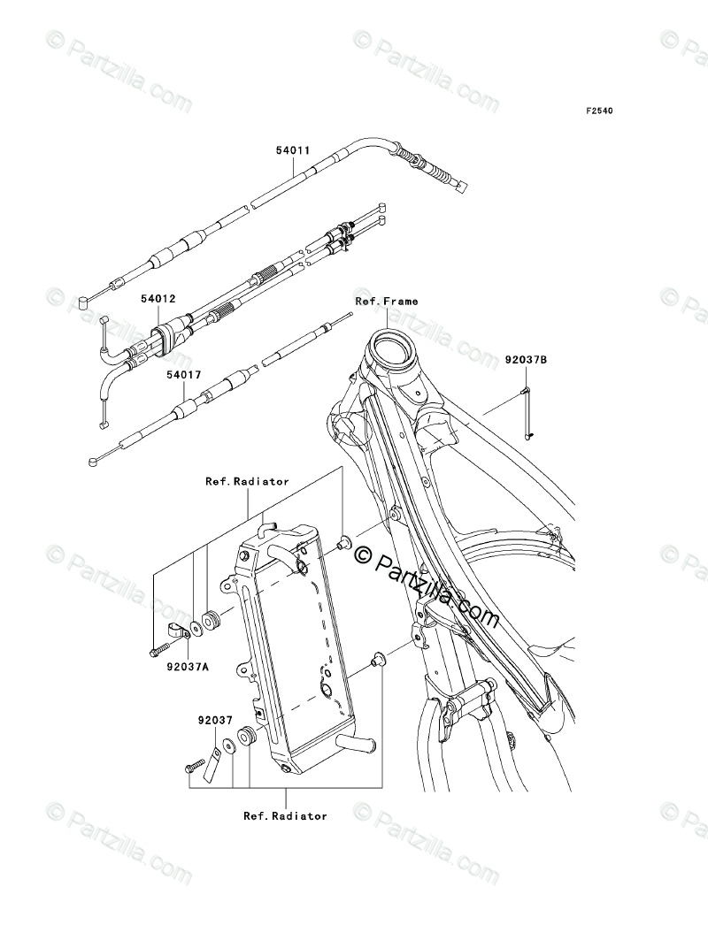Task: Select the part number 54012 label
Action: (x=158, y=299)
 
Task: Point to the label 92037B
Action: (x=527, y=360)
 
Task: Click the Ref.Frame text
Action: (x=387, y=302)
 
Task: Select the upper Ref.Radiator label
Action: (x=247, y=482)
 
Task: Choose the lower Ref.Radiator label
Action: (x=285, y=816)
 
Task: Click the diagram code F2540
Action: (x=598, y=111)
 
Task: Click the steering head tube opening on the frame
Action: (x=391, y=340)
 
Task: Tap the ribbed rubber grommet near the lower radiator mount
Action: (x=246, y=737)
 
